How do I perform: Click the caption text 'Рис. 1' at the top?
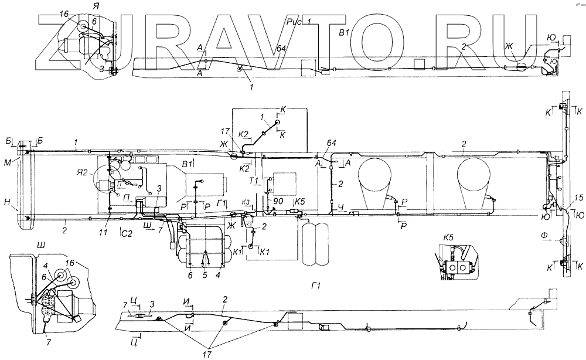coord(299,22)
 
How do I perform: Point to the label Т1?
coord(254,179)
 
